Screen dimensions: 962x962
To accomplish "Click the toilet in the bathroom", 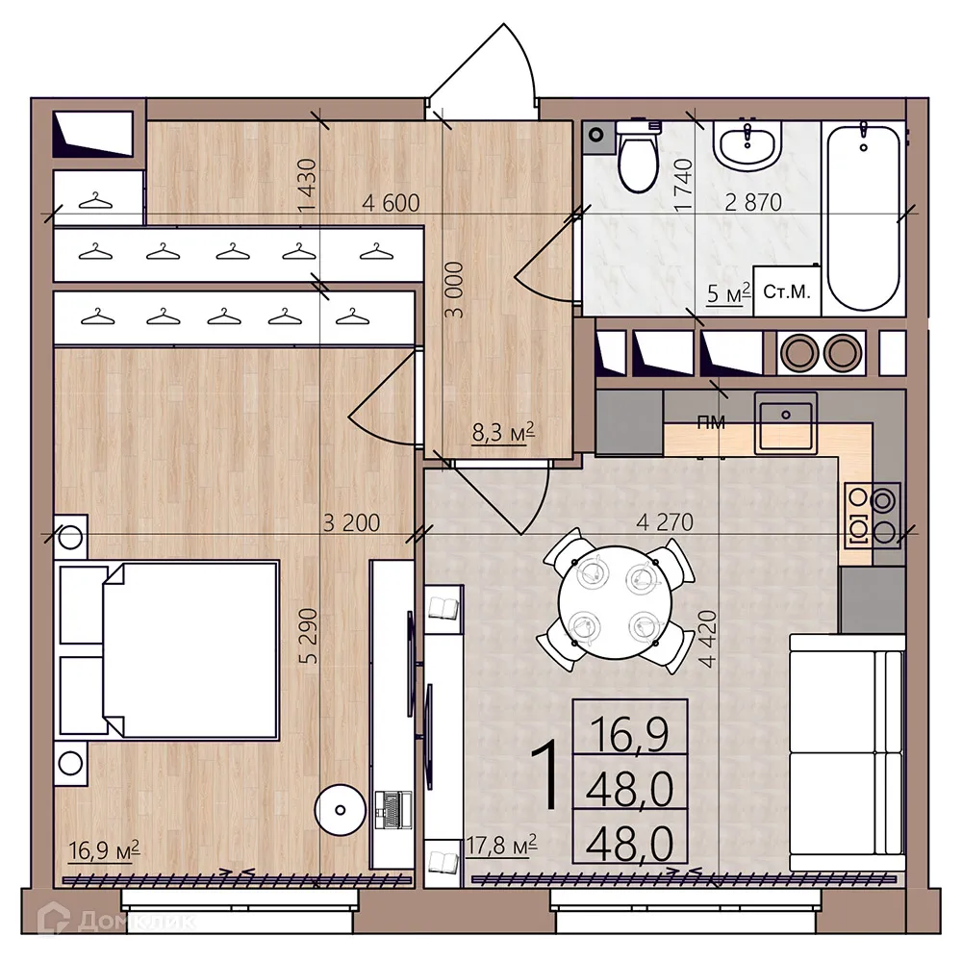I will pyautogui.click(x=636, y=159).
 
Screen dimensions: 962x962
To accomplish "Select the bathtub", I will pyautogui.click(x=863, y=216).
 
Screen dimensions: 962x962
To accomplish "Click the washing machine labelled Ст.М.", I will pyautogui.click(x=787, y=291).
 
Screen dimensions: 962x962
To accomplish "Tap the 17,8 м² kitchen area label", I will pyautogui.click(x=500, y=846).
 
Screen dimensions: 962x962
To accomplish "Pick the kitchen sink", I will pyautogui.click(x=786, y=423).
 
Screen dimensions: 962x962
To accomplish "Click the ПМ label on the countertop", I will pyautogui.click(x=711, y=420).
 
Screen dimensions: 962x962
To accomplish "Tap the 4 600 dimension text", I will pyautogui.click(x=391, y=203).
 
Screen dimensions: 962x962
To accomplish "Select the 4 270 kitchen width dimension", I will pyautogui.click(x=665, y=523).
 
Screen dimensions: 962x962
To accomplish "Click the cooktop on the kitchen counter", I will pyautogui.click(x=872, y=515).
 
